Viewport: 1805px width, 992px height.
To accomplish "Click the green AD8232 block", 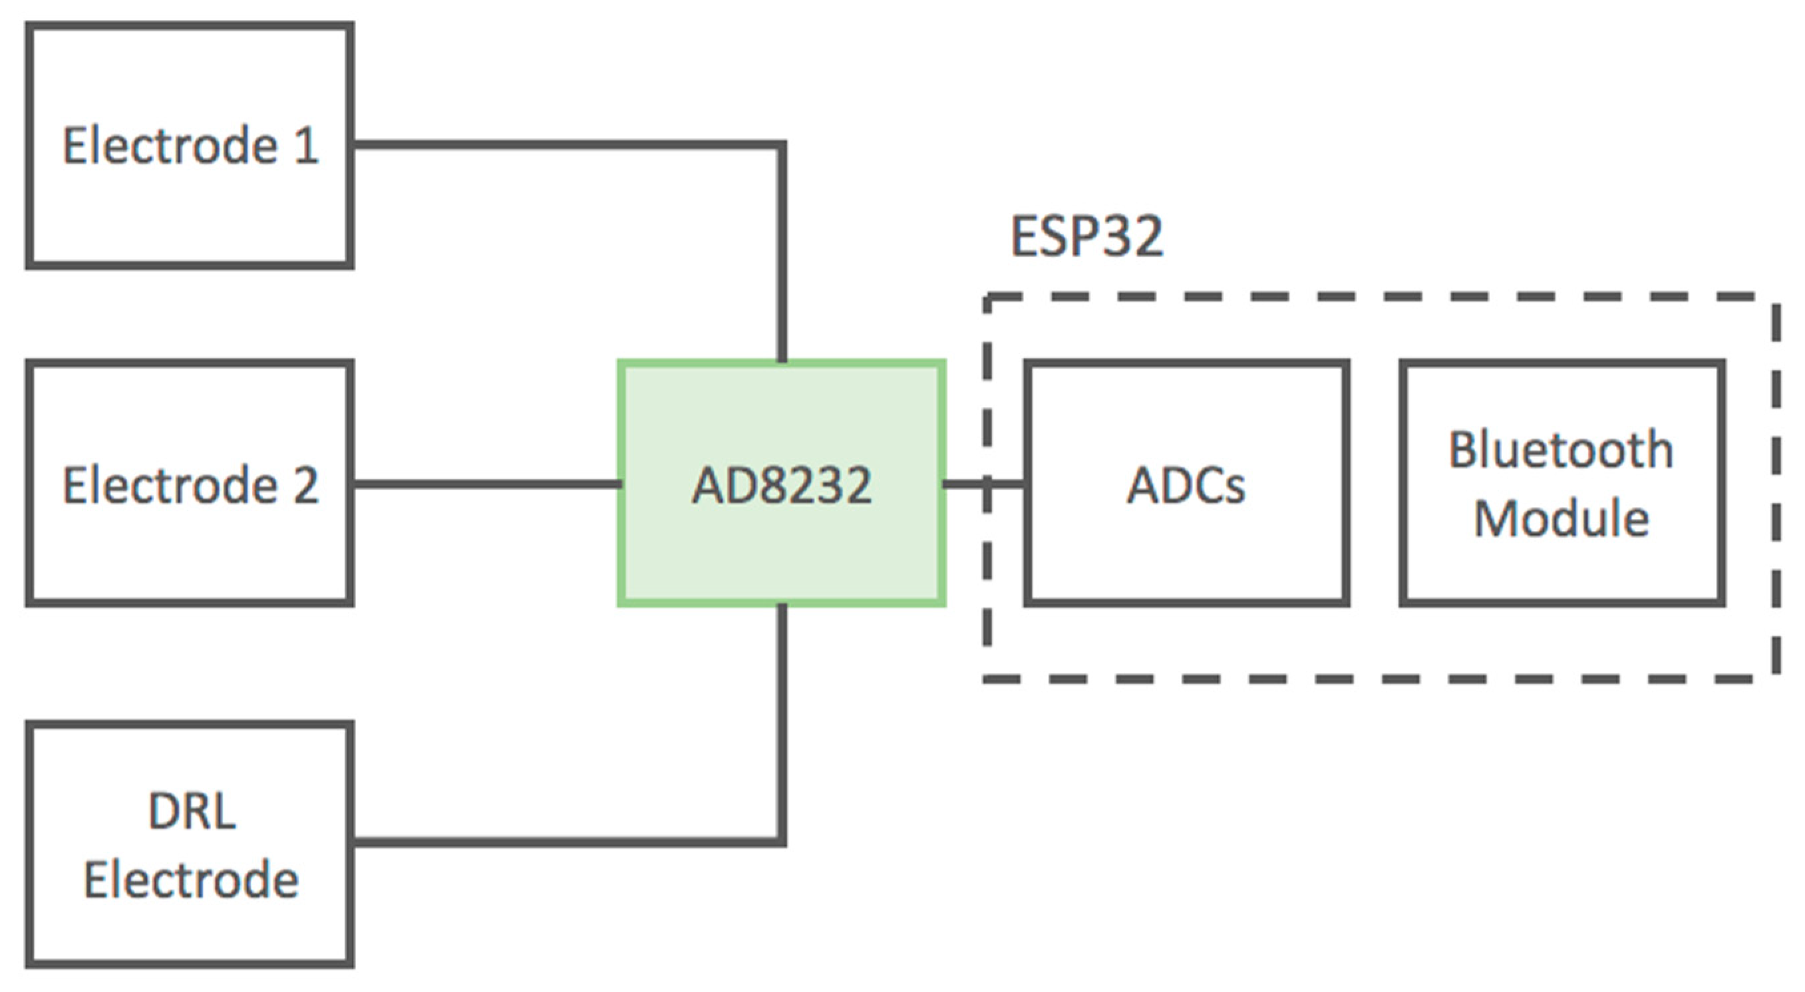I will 781,546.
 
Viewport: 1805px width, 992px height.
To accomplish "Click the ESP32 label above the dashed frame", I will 1086,236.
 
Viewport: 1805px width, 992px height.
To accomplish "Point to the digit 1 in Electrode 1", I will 305,146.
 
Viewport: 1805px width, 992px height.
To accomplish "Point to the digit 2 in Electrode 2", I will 305,485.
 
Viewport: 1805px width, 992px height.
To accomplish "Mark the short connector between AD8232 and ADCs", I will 984,484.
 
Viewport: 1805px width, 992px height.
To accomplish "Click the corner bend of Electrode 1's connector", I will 782,145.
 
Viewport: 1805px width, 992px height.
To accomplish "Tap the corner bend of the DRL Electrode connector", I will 782,842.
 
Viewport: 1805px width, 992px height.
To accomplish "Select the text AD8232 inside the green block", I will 781,485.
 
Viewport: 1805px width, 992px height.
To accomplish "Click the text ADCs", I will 1186,485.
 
